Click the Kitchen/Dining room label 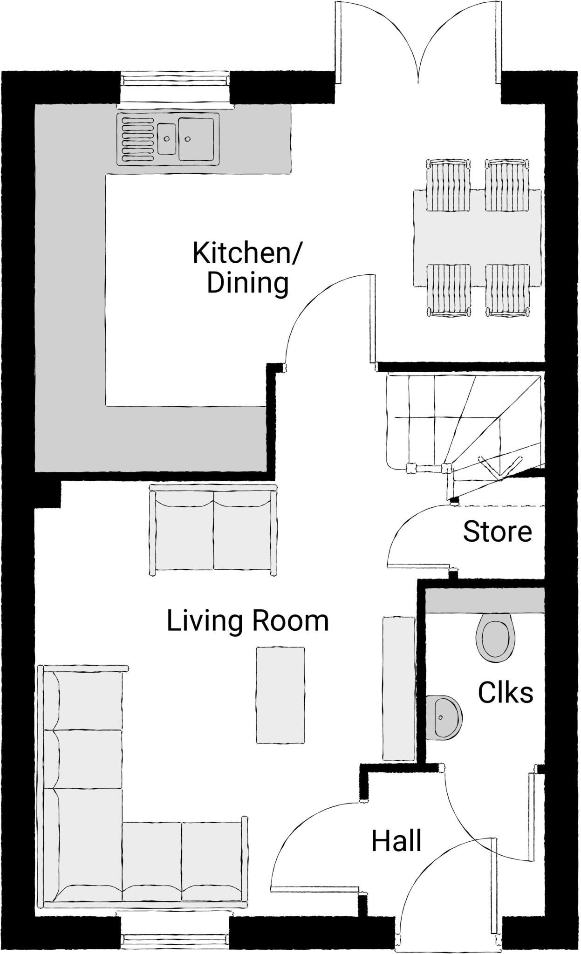(x=247, y=268)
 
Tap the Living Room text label (x=247, y=621)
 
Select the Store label (x=497, y=532)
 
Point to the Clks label (x=506, y=693)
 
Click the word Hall (x=396, y=841)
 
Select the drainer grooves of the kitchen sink (x=137, y=138)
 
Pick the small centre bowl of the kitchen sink (x=166, y=138)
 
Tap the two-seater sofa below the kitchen (x=213, y=530)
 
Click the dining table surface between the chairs (x=478, y=238)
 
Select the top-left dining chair (x=448, y=185)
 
